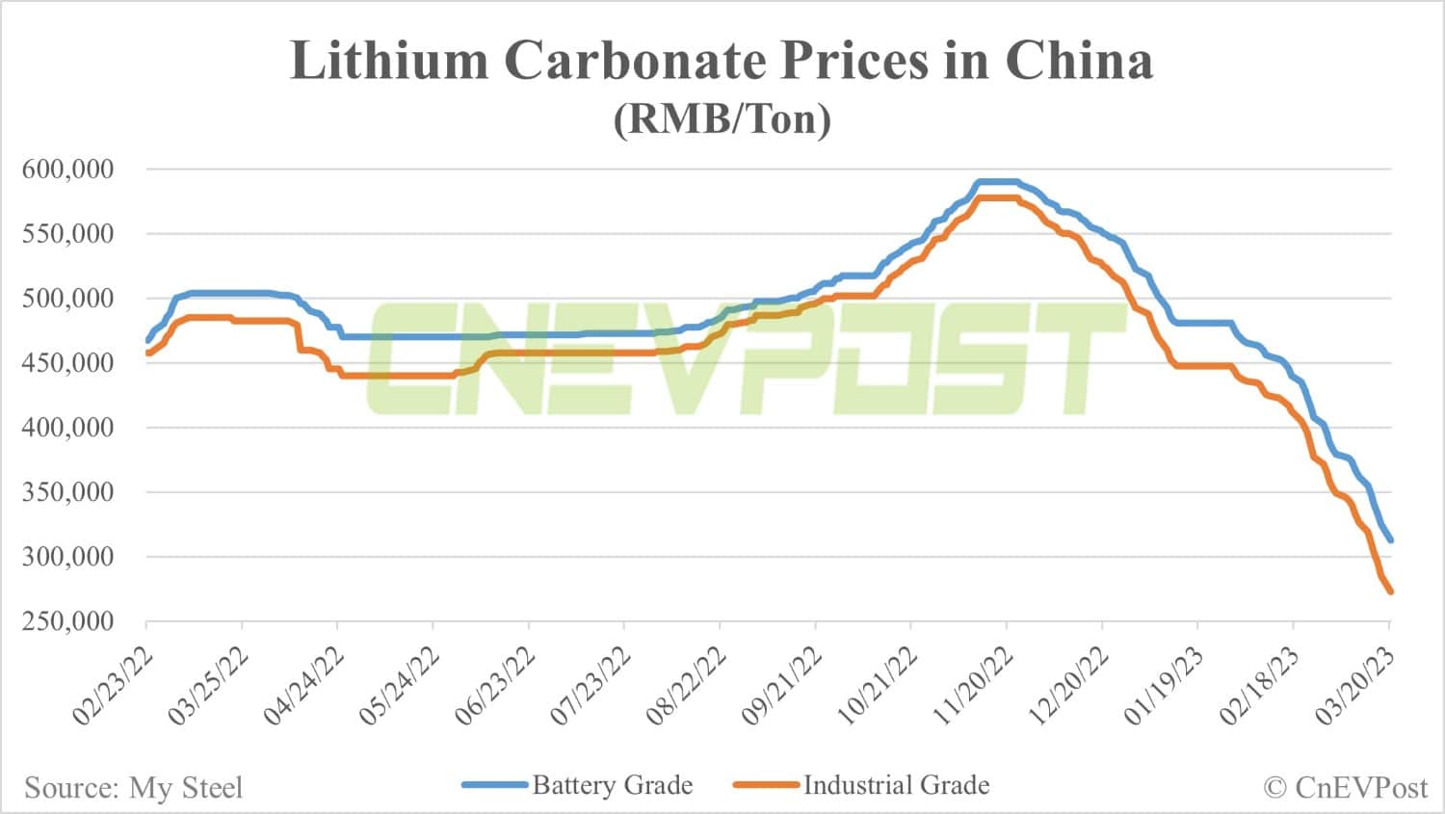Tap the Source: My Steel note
point(134,788)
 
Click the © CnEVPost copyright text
point(1345,788)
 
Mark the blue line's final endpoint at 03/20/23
point(1389,540)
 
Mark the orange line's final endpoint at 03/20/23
point(1389,591)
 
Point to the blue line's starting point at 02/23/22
point(147,340)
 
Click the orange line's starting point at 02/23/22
point(147,354)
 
